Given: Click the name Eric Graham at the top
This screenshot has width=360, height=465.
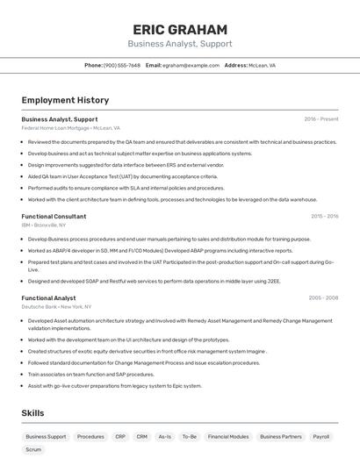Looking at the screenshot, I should (x=179, y=29).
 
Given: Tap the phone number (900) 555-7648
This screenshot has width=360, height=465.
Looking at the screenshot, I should (x=122, y=65).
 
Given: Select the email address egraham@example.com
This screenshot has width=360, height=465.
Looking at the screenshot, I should (x=191, y=65).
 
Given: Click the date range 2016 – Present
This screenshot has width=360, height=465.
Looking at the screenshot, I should (x=321, y=118).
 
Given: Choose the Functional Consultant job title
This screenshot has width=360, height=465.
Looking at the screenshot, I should (x=54, y=216).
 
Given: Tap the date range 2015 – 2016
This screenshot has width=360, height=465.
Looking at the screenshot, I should (x=324, y=216).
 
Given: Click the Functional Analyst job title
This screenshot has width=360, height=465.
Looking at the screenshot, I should (x=48, y=297).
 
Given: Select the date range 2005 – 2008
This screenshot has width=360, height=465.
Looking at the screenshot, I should (x=323, y=297).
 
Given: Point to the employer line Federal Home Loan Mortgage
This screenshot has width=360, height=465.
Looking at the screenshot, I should (x=70, y=128).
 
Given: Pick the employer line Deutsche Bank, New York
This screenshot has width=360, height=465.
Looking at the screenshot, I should (x=56, y=307).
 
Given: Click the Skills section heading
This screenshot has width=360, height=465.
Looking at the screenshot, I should (x=32, y=412).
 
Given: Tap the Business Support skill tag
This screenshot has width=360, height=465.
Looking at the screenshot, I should (x=46, y=436).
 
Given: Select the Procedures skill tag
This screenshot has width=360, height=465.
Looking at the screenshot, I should (x=90, y=436).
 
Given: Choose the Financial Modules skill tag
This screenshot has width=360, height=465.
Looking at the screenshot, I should (x=227, y=436).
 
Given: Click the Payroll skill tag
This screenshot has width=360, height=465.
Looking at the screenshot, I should (x=321, y=436).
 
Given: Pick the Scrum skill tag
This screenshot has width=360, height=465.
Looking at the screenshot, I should (x=33, y=449).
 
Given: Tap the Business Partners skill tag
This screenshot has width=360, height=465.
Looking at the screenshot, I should (x=281, y=436).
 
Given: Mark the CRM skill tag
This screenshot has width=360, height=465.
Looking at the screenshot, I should (x=141, y=436).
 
